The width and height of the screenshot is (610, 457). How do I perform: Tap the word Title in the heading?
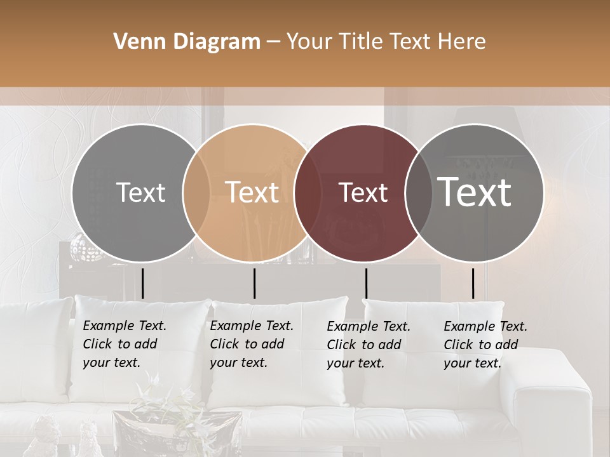360,42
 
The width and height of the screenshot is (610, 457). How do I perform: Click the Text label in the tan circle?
252,192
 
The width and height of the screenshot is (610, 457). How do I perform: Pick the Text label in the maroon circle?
363,192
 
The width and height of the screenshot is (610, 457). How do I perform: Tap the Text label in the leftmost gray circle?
141,192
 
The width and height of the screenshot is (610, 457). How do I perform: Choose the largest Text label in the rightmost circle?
475,192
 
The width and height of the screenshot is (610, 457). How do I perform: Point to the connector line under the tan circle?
254,283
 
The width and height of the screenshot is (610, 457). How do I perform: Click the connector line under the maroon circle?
366,283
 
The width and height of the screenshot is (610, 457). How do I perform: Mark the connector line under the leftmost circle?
142,283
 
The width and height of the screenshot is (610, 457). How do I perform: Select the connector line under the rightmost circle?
473,283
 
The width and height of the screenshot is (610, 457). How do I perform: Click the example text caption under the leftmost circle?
125,344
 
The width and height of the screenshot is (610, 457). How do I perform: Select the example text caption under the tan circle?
252,344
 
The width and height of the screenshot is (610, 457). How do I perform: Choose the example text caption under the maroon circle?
369,345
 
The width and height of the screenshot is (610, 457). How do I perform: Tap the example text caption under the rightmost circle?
485,345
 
